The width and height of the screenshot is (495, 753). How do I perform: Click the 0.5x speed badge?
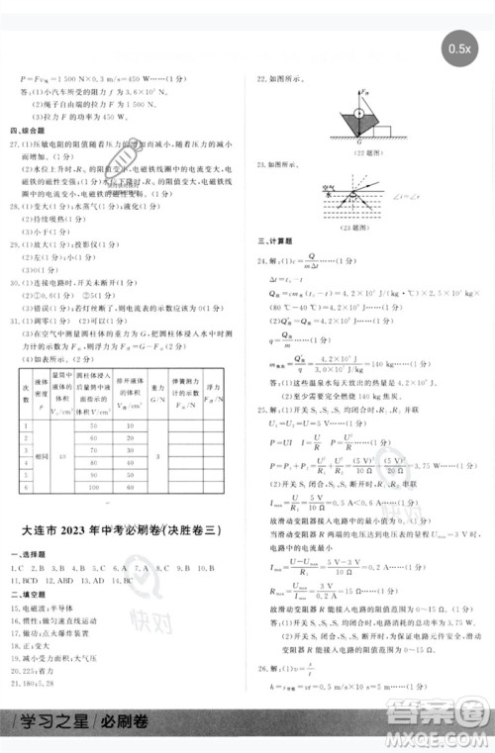[459, 47]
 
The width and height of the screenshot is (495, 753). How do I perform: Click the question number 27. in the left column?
[15, 142]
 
